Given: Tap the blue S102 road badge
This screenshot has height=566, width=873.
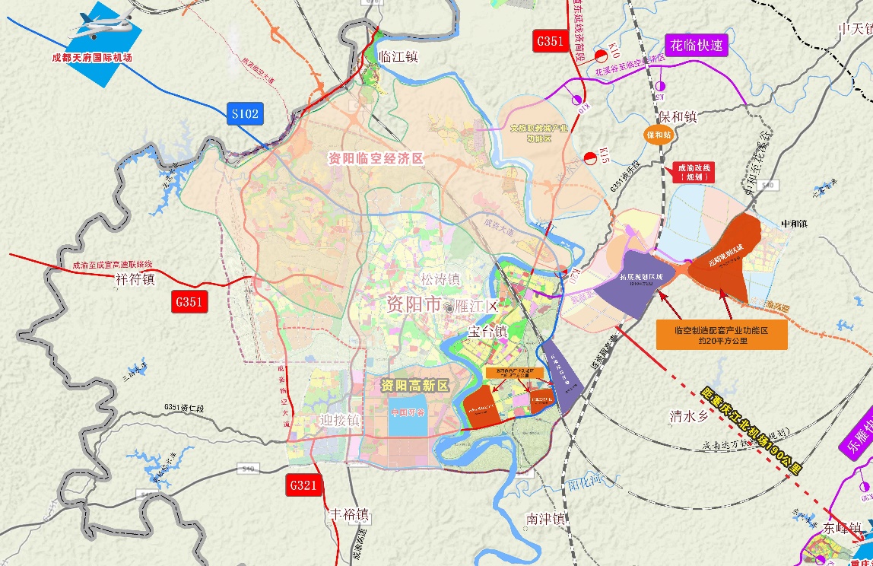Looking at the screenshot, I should click(x=245, y=114).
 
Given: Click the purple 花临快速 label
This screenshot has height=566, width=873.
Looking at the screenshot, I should click(x=697, y=46).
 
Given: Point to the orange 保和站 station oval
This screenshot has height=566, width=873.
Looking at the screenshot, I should click(x=658, y=135).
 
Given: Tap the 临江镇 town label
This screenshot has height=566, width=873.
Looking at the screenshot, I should click(x=398, y=58).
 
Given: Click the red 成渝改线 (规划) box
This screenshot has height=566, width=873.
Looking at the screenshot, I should click(x=691, y=172).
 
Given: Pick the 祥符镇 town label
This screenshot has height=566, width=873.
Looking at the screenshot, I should click(x=135, y=279).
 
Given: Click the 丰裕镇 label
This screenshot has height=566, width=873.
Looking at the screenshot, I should click(x=348, y=514).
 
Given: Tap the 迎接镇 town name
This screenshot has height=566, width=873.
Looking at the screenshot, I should click(x=338, y=420).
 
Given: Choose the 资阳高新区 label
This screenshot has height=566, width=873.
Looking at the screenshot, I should click(x=415, y=385).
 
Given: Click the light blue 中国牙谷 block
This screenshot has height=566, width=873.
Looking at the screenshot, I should click(x=409, y=415).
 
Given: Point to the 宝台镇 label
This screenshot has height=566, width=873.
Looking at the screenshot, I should click(x=487, y=332).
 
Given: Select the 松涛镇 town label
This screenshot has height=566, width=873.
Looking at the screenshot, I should click(x=440, y=279).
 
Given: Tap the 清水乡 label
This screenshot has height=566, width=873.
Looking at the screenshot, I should click(x=688, y=416).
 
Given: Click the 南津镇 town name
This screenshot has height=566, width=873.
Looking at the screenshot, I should click(x=545, y=520).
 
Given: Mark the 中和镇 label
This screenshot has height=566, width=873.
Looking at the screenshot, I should click(x=798, y=224).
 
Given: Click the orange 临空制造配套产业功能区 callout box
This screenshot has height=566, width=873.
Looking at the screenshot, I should click(x=721, y=335).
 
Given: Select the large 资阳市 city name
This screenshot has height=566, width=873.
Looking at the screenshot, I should click(x=413, y=305).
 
